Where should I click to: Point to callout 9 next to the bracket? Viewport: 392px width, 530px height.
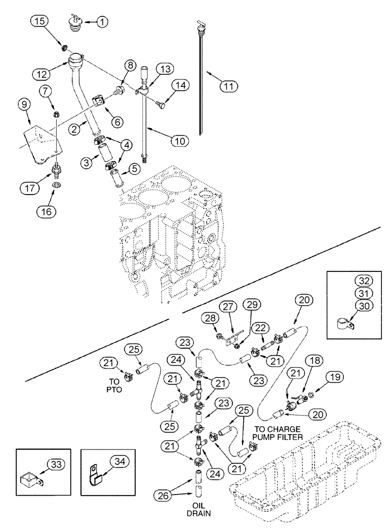(24, 106)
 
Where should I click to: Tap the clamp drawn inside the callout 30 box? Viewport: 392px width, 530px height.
(345, 324)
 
